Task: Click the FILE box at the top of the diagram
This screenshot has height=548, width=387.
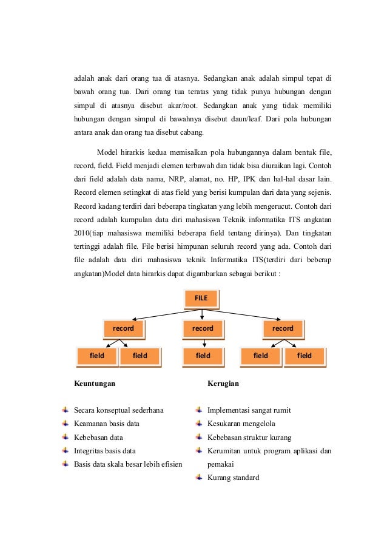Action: (x=201, y=298)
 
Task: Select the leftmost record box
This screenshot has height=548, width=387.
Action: (x=123, y=328)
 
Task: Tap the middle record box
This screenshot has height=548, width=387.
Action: (x=203, y=328)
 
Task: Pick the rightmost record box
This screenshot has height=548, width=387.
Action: (x=283, y=328)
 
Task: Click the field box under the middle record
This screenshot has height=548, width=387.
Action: (x=203, y=356)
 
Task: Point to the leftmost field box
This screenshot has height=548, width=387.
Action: (x=96, y=356)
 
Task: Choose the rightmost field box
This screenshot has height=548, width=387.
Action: (x=304, y=356)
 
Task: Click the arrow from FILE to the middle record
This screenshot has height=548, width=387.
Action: (x=202, y=313)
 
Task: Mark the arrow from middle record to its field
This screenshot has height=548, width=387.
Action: (x=204, y=342)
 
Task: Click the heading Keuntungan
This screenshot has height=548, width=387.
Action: (x=95, y=384)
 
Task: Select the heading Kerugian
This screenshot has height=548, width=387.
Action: (x=223, y=384)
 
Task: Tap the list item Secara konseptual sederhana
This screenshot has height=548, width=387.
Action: (x=118, y=410)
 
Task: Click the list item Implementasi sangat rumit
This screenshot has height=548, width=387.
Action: (x=249, y=410)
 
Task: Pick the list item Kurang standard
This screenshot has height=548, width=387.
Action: (x=233, y=478)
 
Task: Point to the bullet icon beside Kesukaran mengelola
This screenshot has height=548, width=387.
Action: (x=198, y=423)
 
